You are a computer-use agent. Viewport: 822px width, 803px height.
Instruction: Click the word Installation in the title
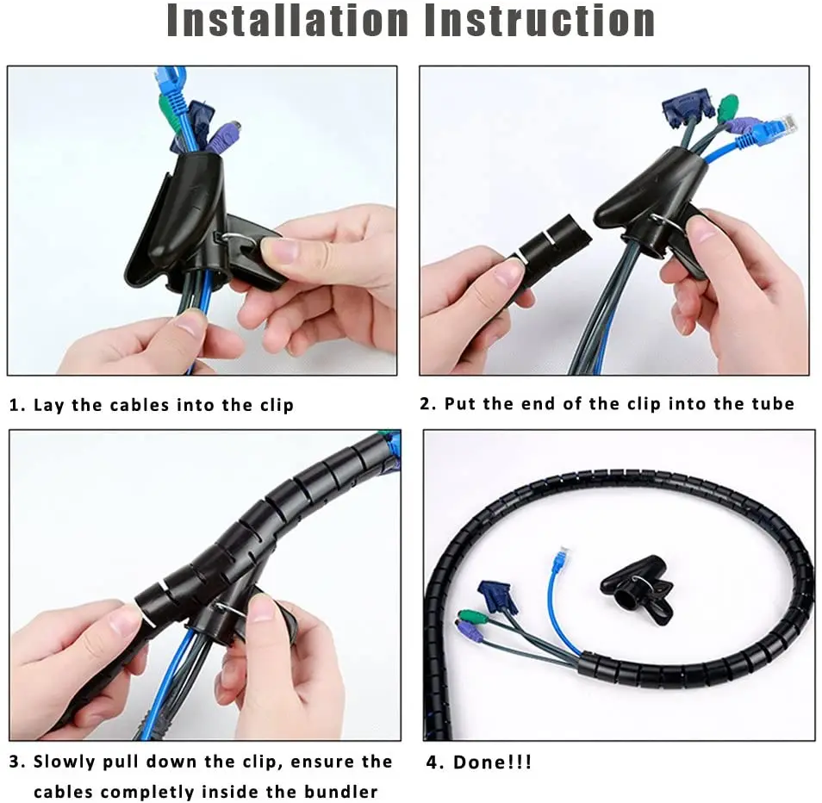click(x=287, y=22)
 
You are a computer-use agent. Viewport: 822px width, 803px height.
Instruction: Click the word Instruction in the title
click(x=539, y=22)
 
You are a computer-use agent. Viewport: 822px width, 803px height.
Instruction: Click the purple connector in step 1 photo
click(x=222, y=136)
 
